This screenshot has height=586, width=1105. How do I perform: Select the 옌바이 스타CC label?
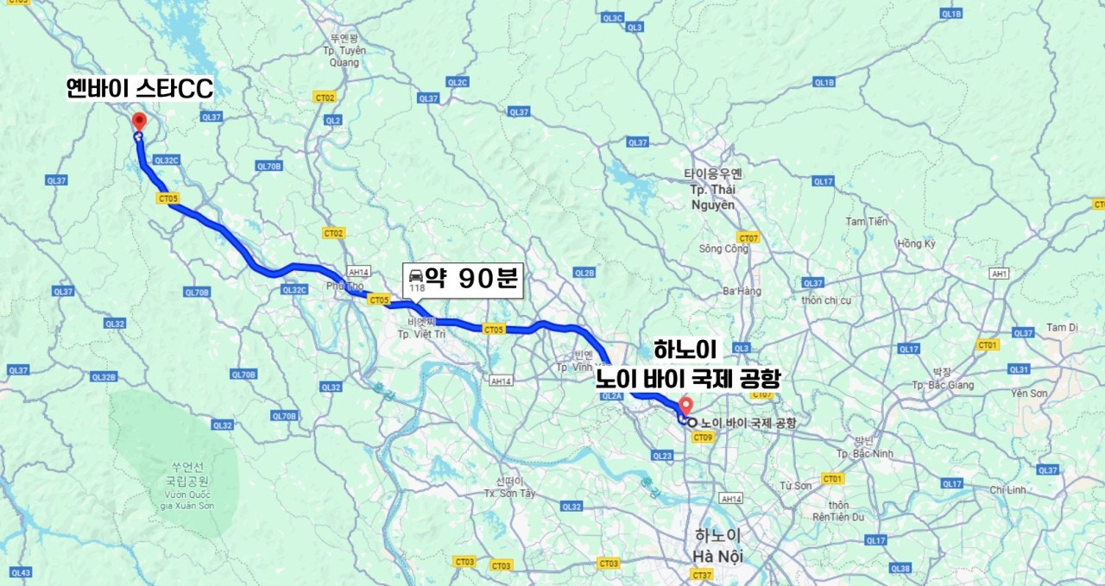pos(140,88)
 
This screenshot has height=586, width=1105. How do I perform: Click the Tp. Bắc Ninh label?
pos(864,453)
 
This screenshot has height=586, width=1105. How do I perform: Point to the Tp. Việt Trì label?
pos(420,333)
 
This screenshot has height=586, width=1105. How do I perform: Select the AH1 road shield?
pos(1000,274)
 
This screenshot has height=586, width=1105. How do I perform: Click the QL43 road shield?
pos(21,573)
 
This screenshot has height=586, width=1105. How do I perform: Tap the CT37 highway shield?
pos(702,575)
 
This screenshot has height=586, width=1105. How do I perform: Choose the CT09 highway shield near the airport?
pos(701,438)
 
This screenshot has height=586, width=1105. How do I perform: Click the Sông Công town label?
pos(723,249)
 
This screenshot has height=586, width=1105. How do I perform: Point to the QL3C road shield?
pos(612,17)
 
